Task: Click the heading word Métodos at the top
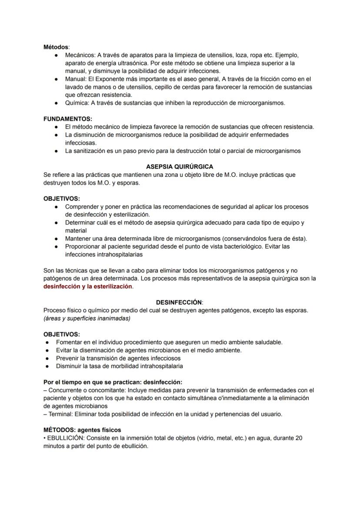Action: point(56,46)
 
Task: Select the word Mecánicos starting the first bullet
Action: point(80,55)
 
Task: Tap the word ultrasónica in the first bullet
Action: point(115,63)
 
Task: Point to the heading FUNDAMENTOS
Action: point(67,119)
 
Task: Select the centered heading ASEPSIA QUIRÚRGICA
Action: point(180,166)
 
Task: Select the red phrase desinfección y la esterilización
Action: point(88,286)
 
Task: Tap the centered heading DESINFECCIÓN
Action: point(179,302)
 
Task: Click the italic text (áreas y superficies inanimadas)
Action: point(87,319)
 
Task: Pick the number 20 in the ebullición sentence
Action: point(298,438)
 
